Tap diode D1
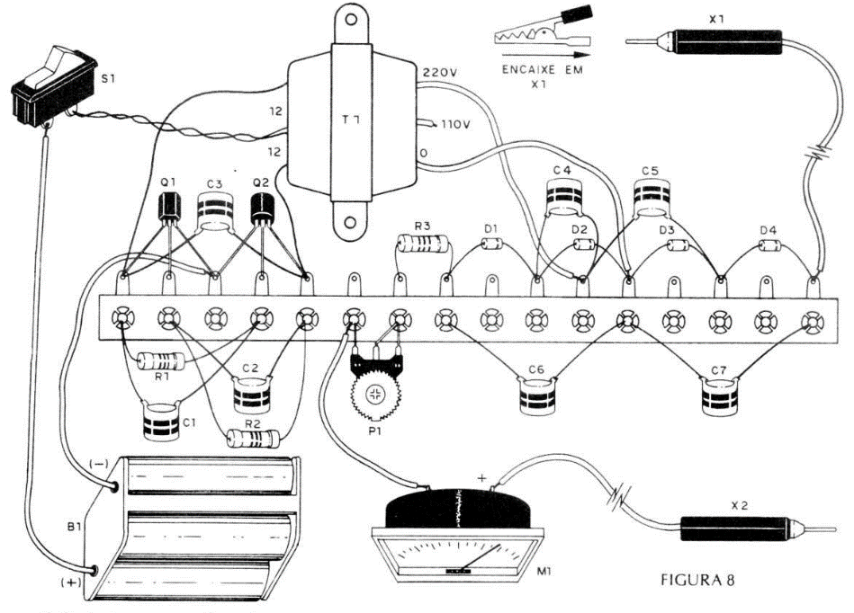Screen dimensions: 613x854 491,247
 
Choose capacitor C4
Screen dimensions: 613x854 564,195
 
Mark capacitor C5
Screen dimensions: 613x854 652,195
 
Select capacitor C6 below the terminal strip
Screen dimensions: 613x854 537,395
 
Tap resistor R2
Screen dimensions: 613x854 254,438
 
